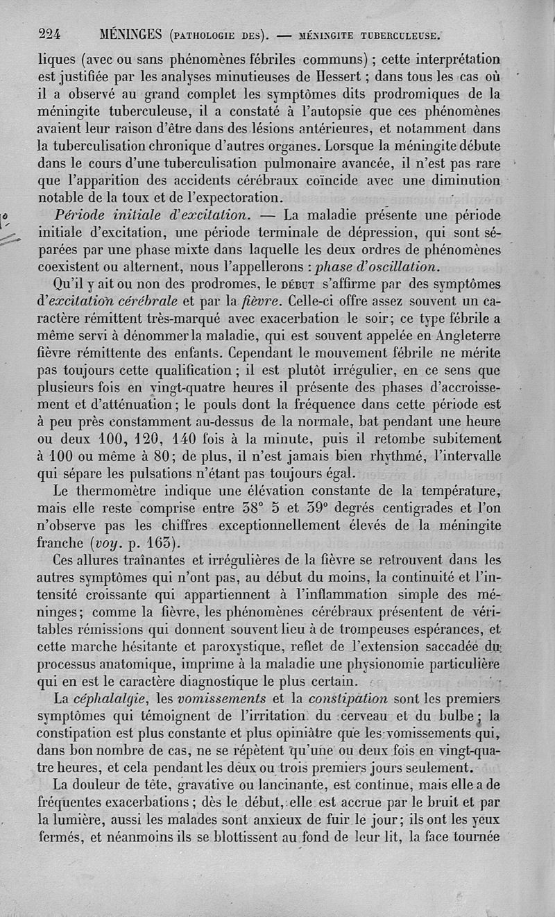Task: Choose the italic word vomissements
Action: (x=221, y=698)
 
